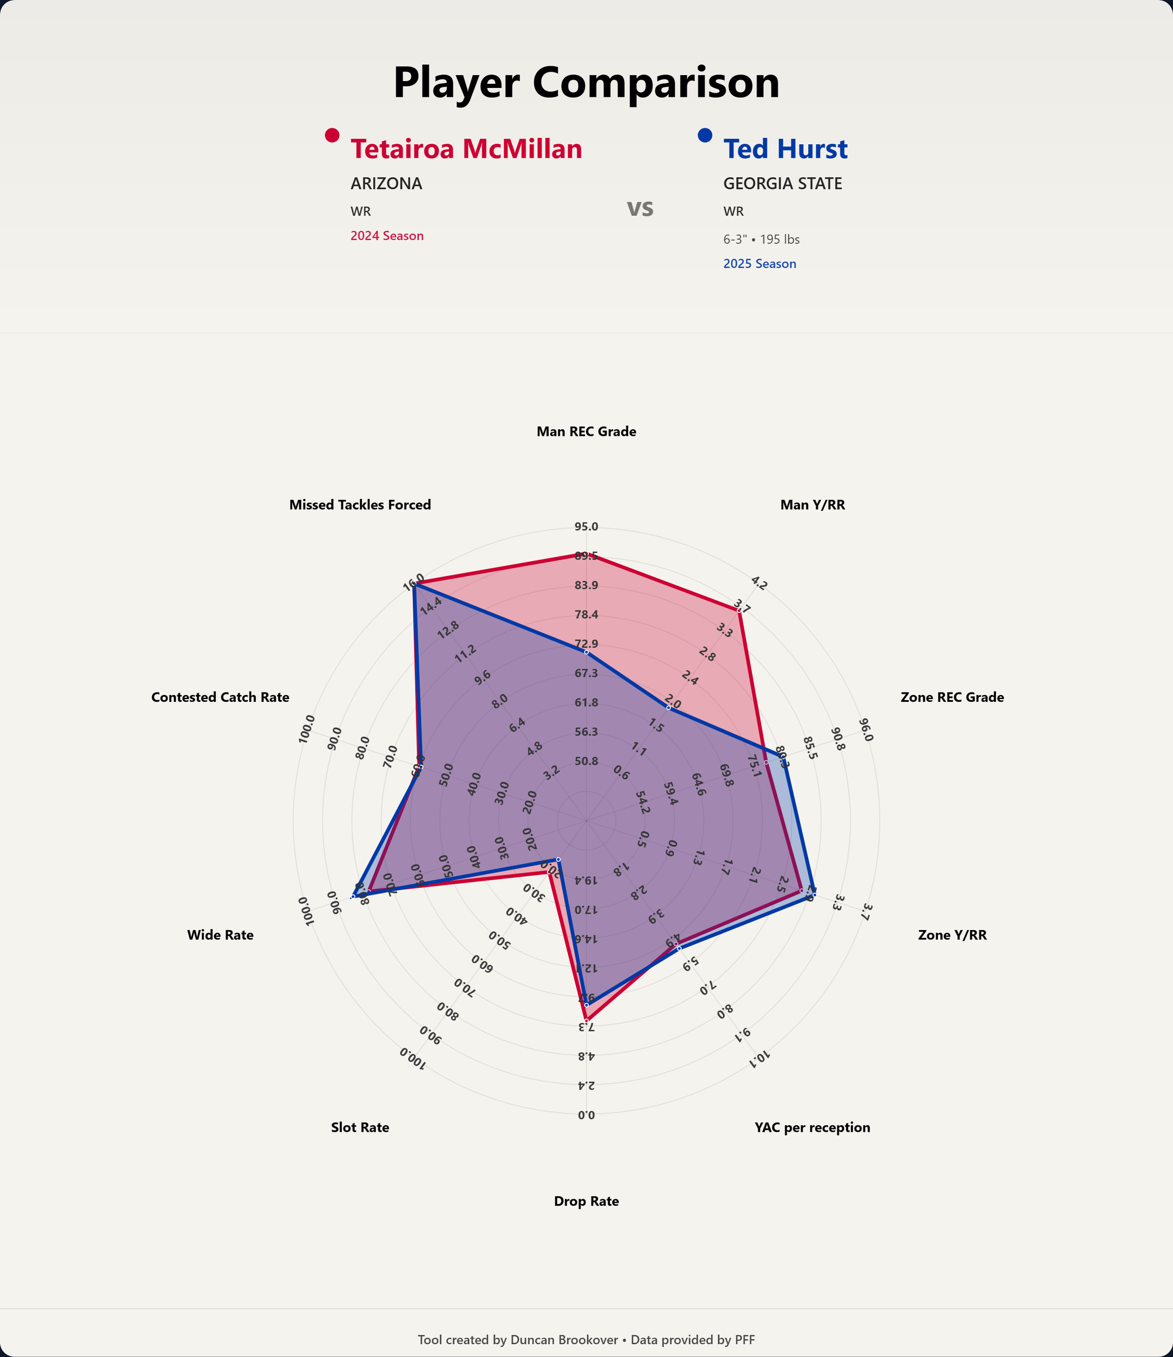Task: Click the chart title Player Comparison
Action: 586,83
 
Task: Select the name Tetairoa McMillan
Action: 466,149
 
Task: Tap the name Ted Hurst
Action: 785,149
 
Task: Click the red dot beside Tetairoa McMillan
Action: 332,135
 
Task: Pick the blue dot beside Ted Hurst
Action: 705,135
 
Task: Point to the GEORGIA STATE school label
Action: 782,184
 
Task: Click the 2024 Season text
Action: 387,236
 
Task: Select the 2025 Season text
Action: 759,264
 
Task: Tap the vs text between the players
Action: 640,208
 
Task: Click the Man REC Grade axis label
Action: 586,432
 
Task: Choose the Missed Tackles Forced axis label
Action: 360,505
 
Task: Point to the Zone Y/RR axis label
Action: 952,935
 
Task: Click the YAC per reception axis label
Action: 812,1128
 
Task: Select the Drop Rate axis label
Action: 586,1201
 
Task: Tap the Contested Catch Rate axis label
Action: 220,697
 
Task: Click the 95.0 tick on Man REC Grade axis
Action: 586,527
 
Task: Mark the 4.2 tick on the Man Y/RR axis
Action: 759,582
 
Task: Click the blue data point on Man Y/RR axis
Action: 669,708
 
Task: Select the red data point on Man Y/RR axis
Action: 740,611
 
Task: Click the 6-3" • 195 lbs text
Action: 761,240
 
